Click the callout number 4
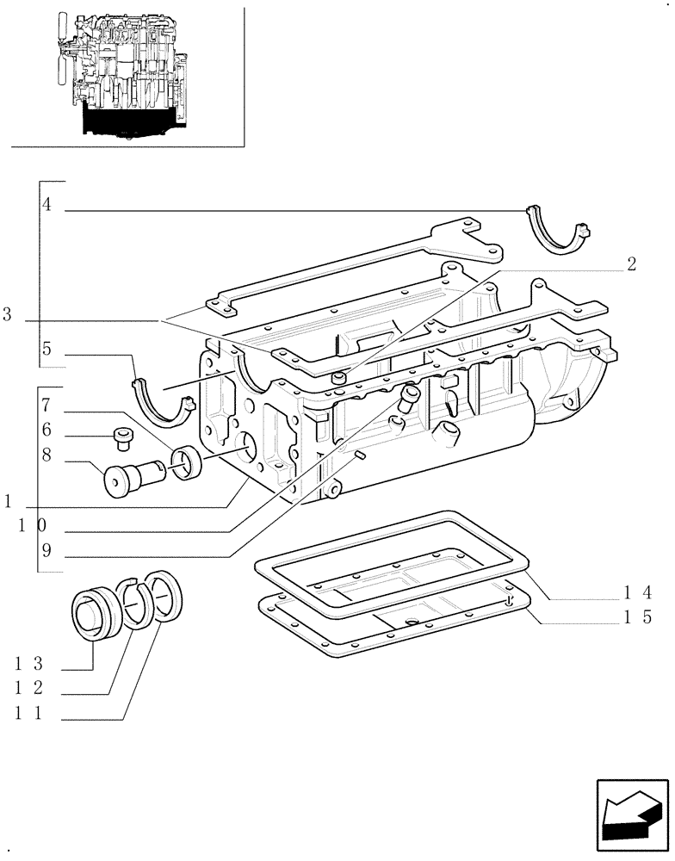(46, 205)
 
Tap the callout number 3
(7, 316)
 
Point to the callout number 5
(46, 349)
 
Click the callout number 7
(46, 405)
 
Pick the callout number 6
(46, 430)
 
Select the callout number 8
(46, 457)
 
